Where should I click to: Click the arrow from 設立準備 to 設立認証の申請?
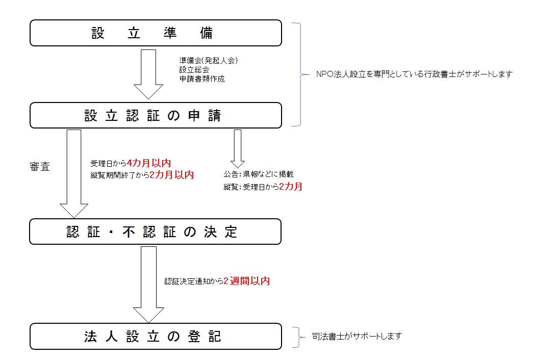[x=148, y=74]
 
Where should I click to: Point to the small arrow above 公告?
[x=238, y=148]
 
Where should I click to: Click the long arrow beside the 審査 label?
[x=74, y=173]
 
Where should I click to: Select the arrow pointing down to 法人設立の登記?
[x=148, y=285]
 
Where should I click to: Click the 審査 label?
[x=40, y=167]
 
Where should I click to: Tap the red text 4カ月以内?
[x=149, y=163]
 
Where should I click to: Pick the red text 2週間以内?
[x=247, y=281]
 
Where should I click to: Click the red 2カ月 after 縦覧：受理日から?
[x=291, y=186]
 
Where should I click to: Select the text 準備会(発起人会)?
[x=209, y=61]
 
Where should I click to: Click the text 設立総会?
[x=194, y=70]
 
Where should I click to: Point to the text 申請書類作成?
[x=202, y=79]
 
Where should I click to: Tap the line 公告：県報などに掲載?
[x=259, y=174]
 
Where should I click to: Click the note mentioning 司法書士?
[x=357, y=336]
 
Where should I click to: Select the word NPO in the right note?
[x=324, y=74]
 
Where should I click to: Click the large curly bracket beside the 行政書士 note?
[x=301, y=74]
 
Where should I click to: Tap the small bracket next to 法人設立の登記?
[x=299, y=337]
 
